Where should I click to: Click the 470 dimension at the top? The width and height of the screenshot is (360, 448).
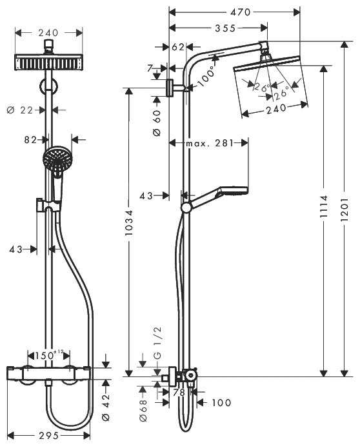(x=235, y=11)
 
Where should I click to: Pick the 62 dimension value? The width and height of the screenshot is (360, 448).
(x=178, y=46)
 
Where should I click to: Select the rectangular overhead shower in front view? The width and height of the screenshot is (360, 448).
(x=48, y=63)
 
